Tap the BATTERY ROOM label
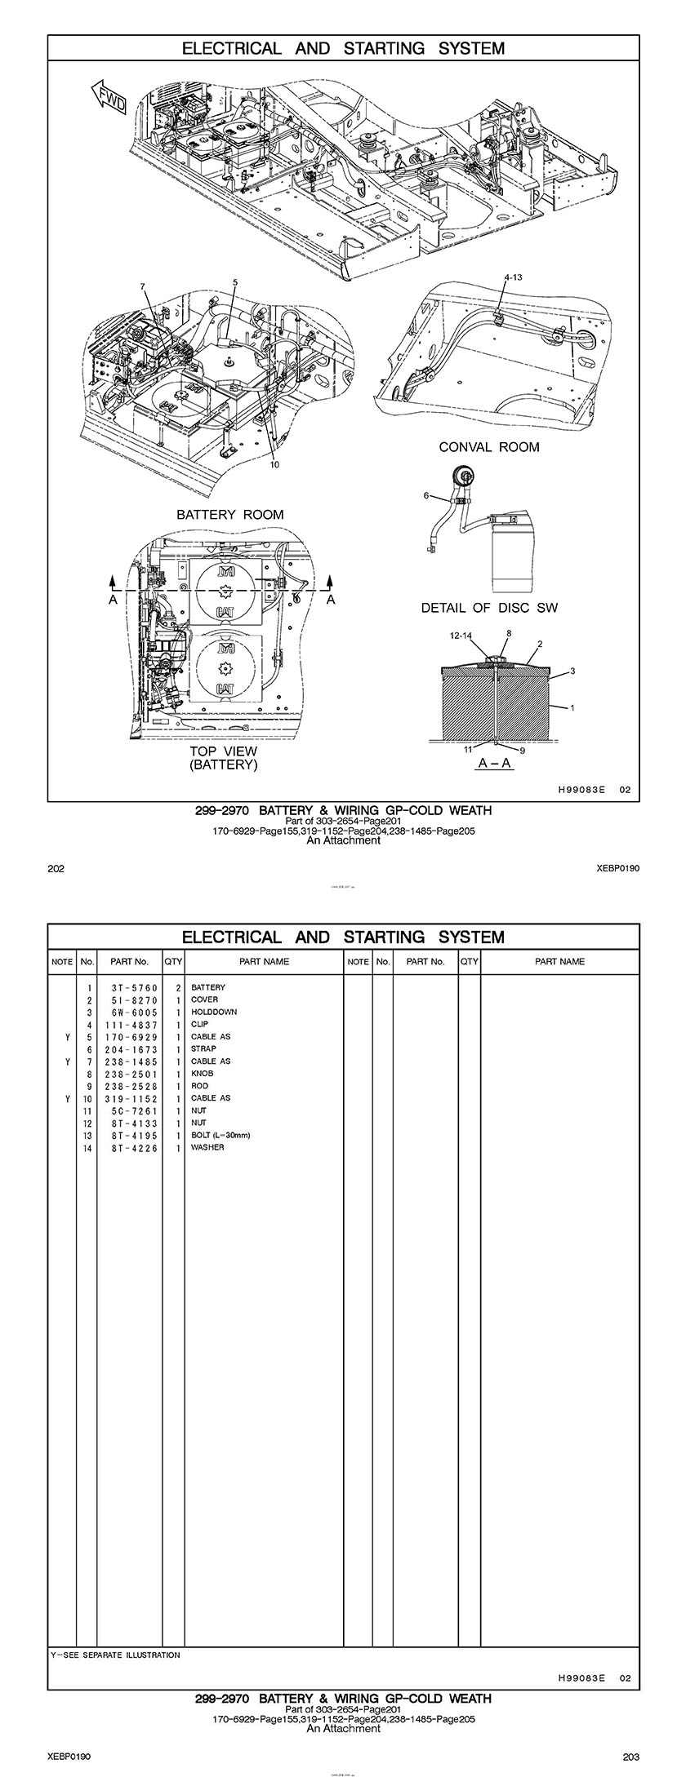point(230,515)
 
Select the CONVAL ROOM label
point(488,447)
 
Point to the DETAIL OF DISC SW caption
point(489,608)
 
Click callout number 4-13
point(513,277)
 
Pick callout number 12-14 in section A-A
point(461,635)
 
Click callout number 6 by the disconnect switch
point(425,495)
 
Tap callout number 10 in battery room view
point(274,465)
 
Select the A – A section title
point(494,763)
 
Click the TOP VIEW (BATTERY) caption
point(223,758)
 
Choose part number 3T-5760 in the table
point(134,988)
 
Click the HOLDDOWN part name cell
point(214,1013)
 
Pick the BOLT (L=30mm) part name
point(220,1136)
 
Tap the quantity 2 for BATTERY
point(177,988)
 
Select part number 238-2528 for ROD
point(134,1087)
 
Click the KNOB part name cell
point(201,1075)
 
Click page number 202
point(56,868)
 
